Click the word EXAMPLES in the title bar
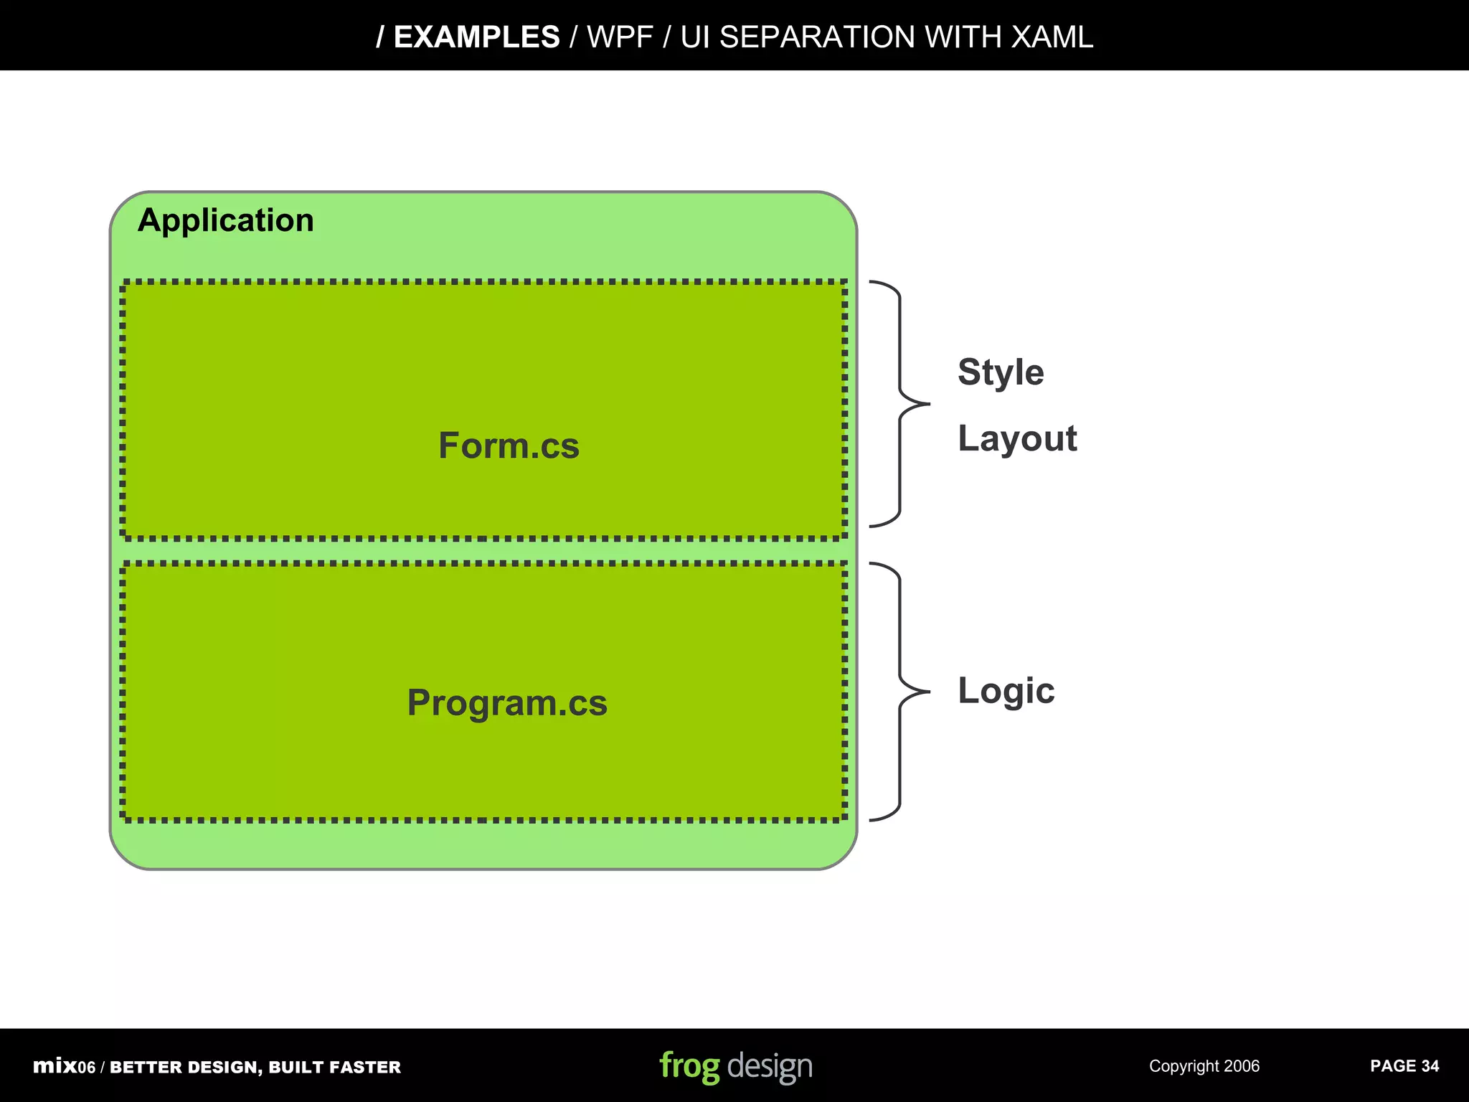point(476,37)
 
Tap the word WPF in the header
point(620,37)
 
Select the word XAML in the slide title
point(1052,37)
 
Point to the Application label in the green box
point(226,220)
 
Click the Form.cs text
point(509,446)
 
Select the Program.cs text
point(507,702)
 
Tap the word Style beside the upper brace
point(1001,372)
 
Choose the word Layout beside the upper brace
point(1017,438)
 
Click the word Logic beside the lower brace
point(1006,691)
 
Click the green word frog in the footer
point(689,1066)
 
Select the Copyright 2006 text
point(1204,1066)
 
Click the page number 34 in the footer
point(1430,1066)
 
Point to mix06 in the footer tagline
point(64,1067)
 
